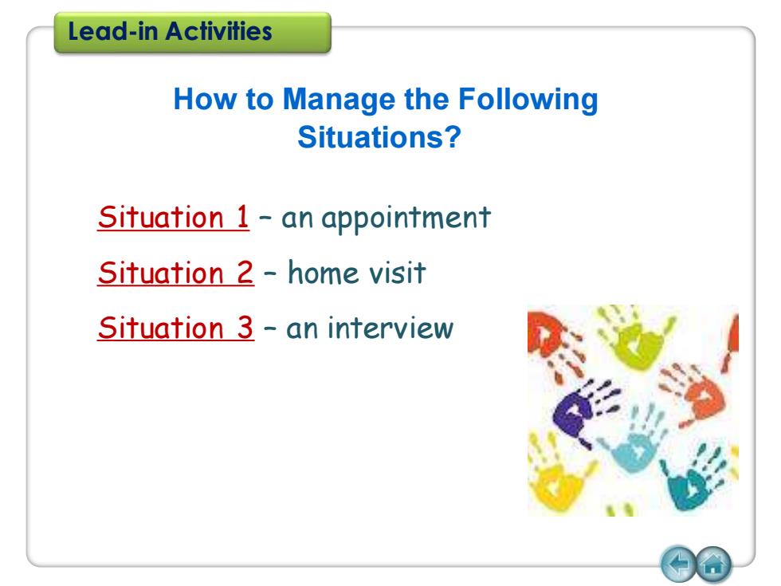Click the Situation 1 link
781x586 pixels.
(x=174, y=217)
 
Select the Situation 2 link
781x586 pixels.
(x=176, y=273)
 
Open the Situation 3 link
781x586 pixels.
(x=176, y=328)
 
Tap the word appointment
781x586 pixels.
(x=406, y=218)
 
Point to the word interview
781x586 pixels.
(x=390, y=328)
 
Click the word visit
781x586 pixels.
(x=397, y=272)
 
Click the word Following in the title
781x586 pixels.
(x=528, y=100)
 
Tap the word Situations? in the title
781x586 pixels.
(x=379, y=137)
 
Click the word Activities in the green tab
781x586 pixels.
(x=218, y=31)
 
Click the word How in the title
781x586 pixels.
(x=206, y=99)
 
